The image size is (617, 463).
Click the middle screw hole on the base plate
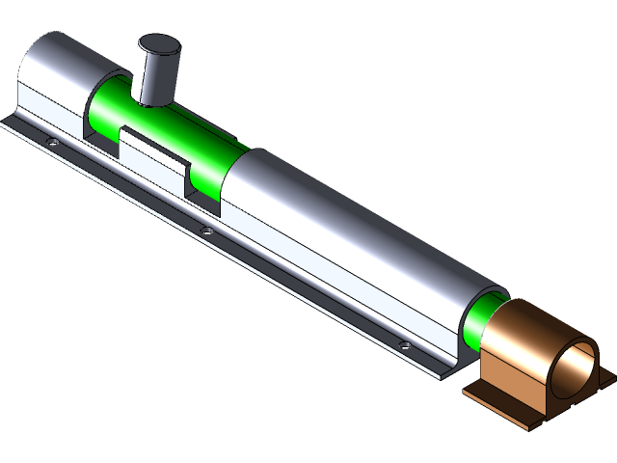pyautogui.click(x=206, y=231)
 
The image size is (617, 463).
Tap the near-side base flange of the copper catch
pyautogui.click(x=501, y=405)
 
